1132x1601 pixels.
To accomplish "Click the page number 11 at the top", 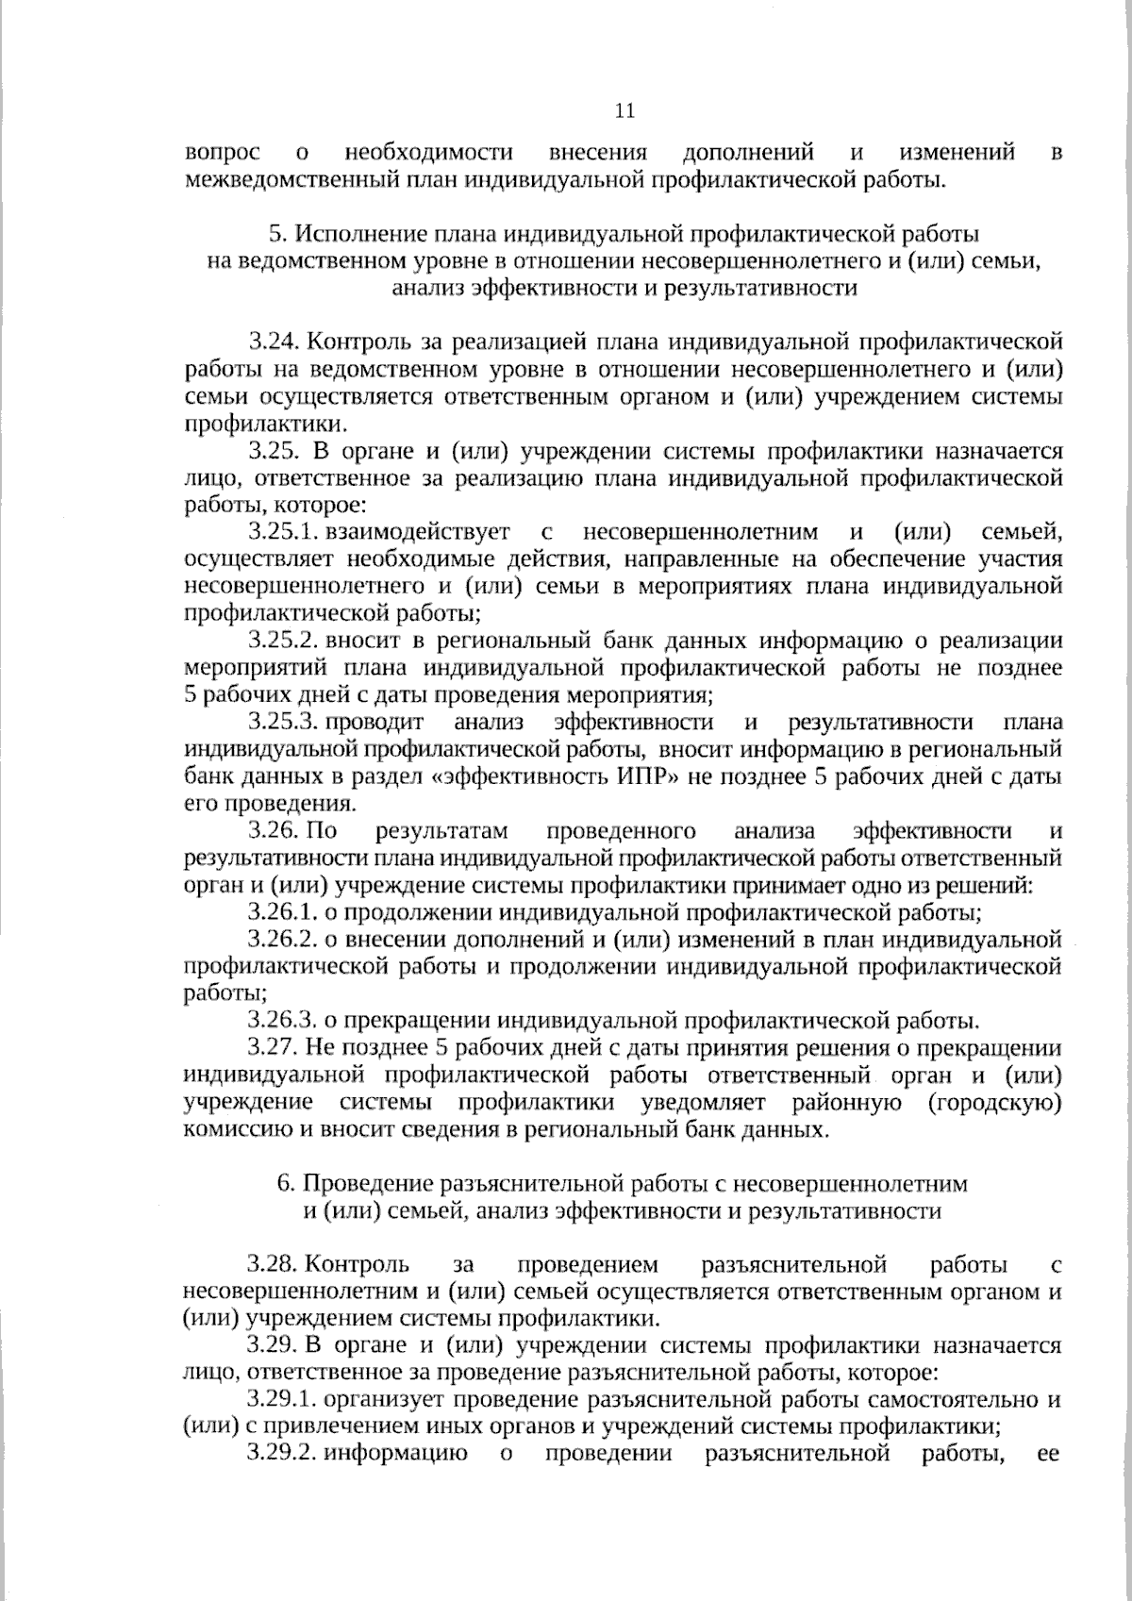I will [624, 111].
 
